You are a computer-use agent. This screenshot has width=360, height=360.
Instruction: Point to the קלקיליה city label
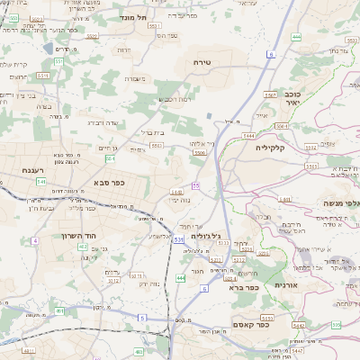(270, 147)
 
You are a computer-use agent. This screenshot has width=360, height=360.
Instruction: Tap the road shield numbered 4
(34, 240)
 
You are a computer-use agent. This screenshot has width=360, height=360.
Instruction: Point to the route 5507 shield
(269, 94)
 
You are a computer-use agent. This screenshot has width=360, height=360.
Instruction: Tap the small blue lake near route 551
(46, 48)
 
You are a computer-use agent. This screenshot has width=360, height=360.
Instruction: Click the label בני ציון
(20, 94)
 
